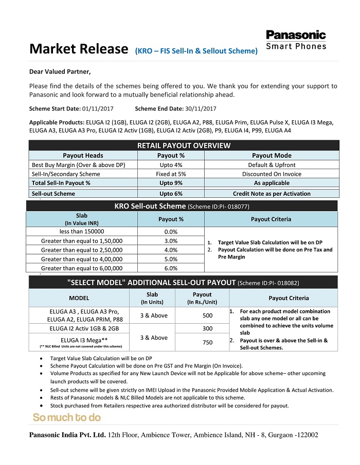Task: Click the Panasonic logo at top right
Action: tap(296, 35)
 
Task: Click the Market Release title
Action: tap(78, 49)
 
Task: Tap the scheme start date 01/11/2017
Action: tap(98, 109)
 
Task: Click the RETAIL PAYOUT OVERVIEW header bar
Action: tap(184, 146)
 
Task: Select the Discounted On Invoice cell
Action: tap(272, 174)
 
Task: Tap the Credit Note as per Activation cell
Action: tap(272, 194)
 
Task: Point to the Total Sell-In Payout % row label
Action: tap(61, 183)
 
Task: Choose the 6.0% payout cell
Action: tap(170, 268)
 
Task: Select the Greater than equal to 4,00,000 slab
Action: tap(82, 259)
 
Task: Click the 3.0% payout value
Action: tap(170, 241)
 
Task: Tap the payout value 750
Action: tap(207, 342)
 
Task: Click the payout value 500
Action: tap(207, 315)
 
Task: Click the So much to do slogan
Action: tap(67, 417)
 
